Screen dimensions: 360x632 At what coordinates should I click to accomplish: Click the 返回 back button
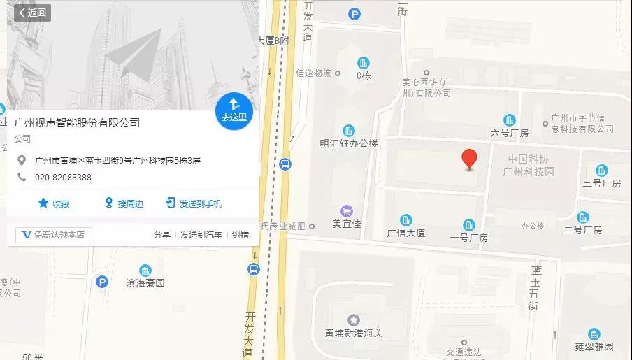(x=32, y=13)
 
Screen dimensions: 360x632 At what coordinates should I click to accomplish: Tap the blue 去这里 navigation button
(x=234, y=110)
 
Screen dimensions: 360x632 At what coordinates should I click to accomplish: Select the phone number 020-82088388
(x=63, y=178)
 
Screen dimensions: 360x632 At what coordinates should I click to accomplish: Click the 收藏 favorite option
(x=54, y=203)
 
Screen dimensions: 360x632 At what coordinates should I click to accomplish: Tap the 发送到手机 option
(x=194, y=203)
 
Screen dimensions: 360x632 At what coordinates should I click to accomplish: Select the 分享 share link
(x=161, y=235)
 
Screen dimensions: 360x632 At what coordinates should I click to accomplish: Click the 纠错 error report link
(x=240, y=235)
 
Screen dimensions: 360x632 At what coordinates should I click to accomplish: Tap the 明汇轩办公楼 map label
(x=348, y=143)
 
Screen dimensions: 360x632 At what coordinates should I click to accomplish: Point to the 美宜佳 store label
(x=345, y=224)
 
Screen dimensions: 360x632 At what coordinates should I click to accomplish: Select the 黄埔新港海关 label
(x=354, y=333)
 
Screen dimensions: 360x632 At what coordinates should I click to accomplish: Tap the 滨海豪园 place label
(x=145, y=283)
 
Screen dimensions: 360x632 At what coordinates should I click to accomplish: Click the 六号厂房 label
(x=509, y=132)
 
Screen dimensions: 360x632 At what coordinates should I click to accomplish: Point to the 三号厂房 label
(x=601, y=183)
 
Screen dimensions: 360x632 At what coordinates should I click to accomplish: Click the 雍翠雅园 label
(x=594, y=346)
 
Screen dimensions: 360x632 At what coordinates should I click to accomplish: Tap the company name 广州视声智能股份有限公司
(x=77, y=123)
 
